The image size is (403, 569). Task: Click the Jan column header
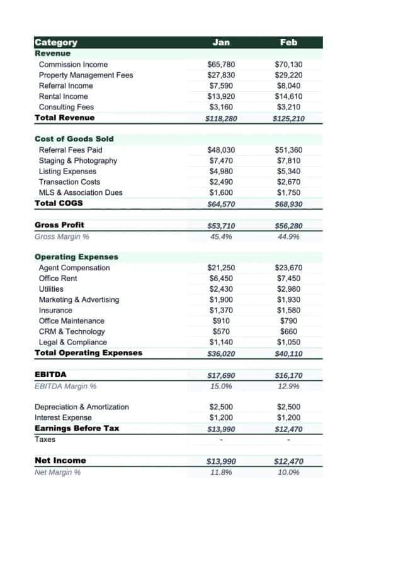pyautogui.click(x=221, y=42)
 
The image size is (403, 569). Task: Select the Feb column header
pyautogui.click(x=288, y=42)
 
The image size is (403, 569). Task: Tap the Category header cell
pyautogui.click(x=57, y=42)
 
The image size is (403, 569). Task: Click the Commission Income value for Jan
pyautogui.click(x=221, y=64)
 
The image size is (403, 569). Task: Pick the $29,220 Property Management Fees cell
pyautogui.click(x=288, y=75)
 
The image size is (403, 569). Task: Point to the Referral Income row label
pyautogui.click(x=66, y=86)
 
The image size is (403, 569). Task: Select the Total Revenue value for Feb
pyautogui.click(x=288, y=118)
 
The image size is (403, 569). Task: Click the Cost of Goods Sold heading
pyautogui.click(x=74, y=138)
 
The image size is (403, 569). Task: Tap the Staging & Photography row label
pyautogui.click(x=78, y=160)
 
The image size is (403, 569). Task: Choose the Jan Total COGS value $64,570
pyautogui.click(x=221, y=204)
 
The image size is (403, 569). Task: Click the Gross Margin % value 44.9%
pyautogui.click(x=288, y=236)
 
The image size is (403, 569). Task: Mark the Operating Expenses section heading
pyautogui.click(x=76, y=257)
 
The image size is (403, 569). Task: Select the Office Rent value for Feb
pyautogui.click(x=288, y=278)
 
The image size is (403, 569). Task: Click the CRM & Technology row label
pyautogui.click(x=72, y=331)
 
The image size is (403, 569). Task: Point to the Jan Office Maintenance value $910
pyautogui.click(x=221, y=321)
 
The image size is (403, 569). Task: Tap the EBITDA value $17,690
pyautogui.click(x=221, y=375)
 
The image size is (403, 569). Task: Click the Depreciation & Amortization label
pyautogui.click(x=82, y=407)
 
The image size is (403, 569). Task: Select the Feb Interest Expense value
pyautogui.click(x=288, y=417)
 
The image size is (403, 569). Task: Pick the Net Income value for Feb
pyautogui.click(x=288, y=461)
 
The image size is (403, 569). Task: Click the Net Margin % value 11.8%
pyautogui.click(x=221, y=472)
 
